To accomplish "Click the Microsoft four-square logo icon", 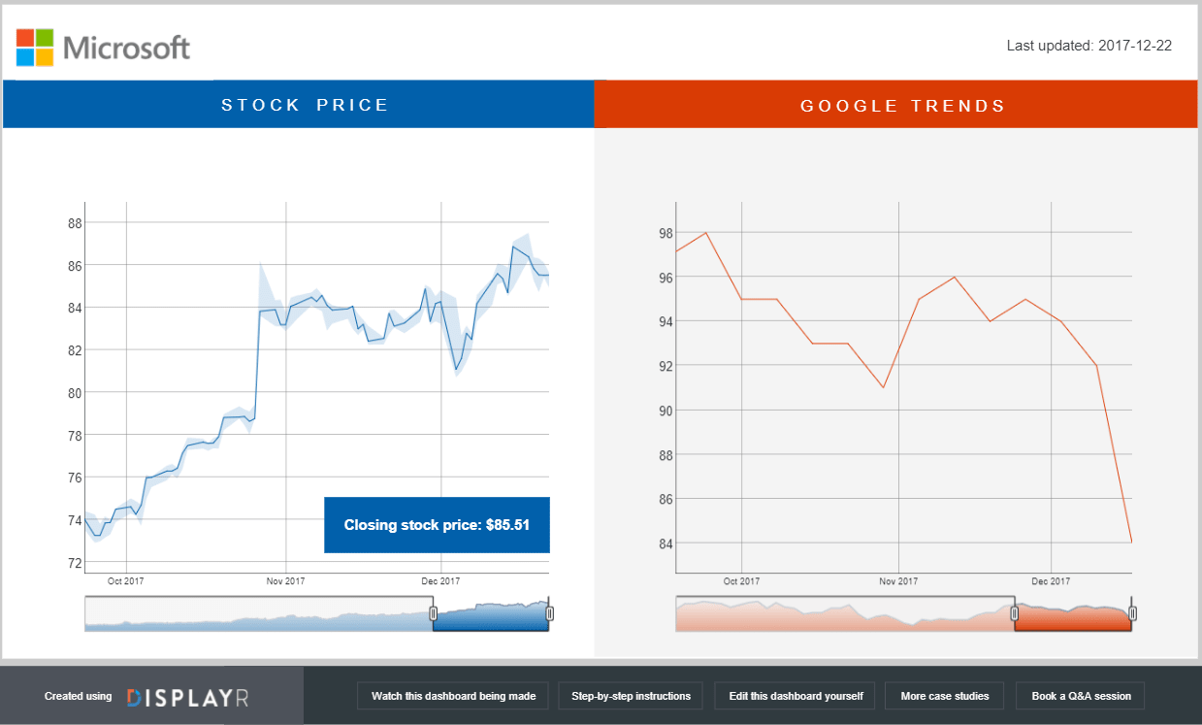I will (x=35, y=47).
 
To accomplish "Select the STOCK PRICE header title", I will (x=305, y=105).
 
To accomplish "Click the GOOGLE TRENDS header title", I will (x=903, y=106).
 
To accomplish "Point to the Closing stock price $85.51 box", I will (x=437, y=525).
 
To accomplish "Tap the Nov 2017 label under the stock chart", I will (x=286, y=581).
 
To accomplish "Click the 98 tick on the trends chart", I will (x=666, y=233).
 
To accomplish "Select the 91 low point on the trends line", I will (x=883, y=388).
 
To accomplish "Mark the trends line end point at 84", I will (x=1131, y=543).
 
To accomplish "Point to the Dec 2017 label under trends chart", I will (x=1051, y=581).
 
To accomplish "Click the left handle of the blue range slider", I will (x=434, y=613).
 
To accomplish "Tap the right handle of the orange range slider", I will (x=1132, y=613).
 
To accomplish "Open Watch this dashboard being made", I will (x=453, y=696).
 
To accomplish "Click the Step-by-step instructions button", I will (x=631, y=696).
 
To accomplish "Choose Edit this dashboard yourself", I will (x=796, y=696).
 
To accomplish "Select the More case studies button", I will (x=945, y=696).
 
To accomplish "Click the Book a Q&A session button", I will (x=1081, y=696).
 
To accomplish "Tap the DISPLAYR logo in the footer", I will (x=187, y=697).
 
